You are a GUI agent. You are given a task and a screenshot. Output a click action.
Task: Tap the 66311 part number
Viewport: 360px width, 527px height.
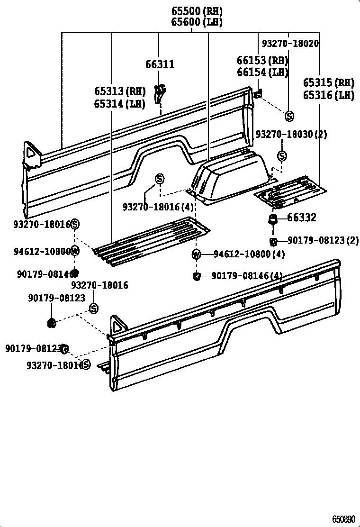[x=160, y=64]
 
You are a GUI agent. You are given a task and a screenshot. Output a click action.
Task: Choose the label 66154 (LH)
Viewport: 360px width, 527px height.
[x=262, y=72]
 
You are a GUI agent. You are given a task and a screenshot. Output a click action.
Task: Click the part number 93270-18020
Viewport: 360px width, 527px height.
[x=290, y=44]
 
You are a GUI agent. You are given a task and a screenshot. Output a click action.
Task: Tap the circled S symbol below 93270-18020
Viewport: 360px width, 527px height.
[x=289, y=116]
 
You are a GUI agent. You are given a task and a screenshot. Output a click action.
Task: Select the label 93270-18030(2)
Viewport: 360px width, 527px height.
[x=291, y=134]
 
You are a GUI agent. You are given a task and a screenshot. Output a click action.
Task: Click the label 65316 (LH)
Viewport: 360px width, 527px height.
[x=329, y=95]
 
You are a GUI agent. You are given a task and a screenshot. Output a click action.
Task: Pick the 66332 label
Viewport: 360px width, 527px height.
[x=302, y=218]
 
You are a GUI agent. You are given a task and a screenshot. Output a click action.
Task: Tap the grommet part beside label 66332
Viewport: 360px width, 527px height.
[x=273, y=218]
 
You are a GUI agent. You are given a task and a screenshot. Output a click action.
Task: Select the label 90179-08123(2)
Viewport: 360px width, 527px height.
[x=323, y=241]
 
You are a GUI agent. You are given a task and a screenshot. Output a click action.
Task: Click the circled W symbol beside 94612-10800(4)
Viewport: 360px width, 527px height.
[x=197, y=254]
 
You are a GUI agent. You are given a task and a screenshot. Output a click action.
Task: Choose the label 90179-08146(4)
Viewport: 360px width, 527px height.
[x=247, y=275]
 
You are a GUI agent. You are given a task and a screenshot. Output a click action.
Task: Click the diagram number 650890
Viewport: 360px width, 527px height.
[x=343, y=519]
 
